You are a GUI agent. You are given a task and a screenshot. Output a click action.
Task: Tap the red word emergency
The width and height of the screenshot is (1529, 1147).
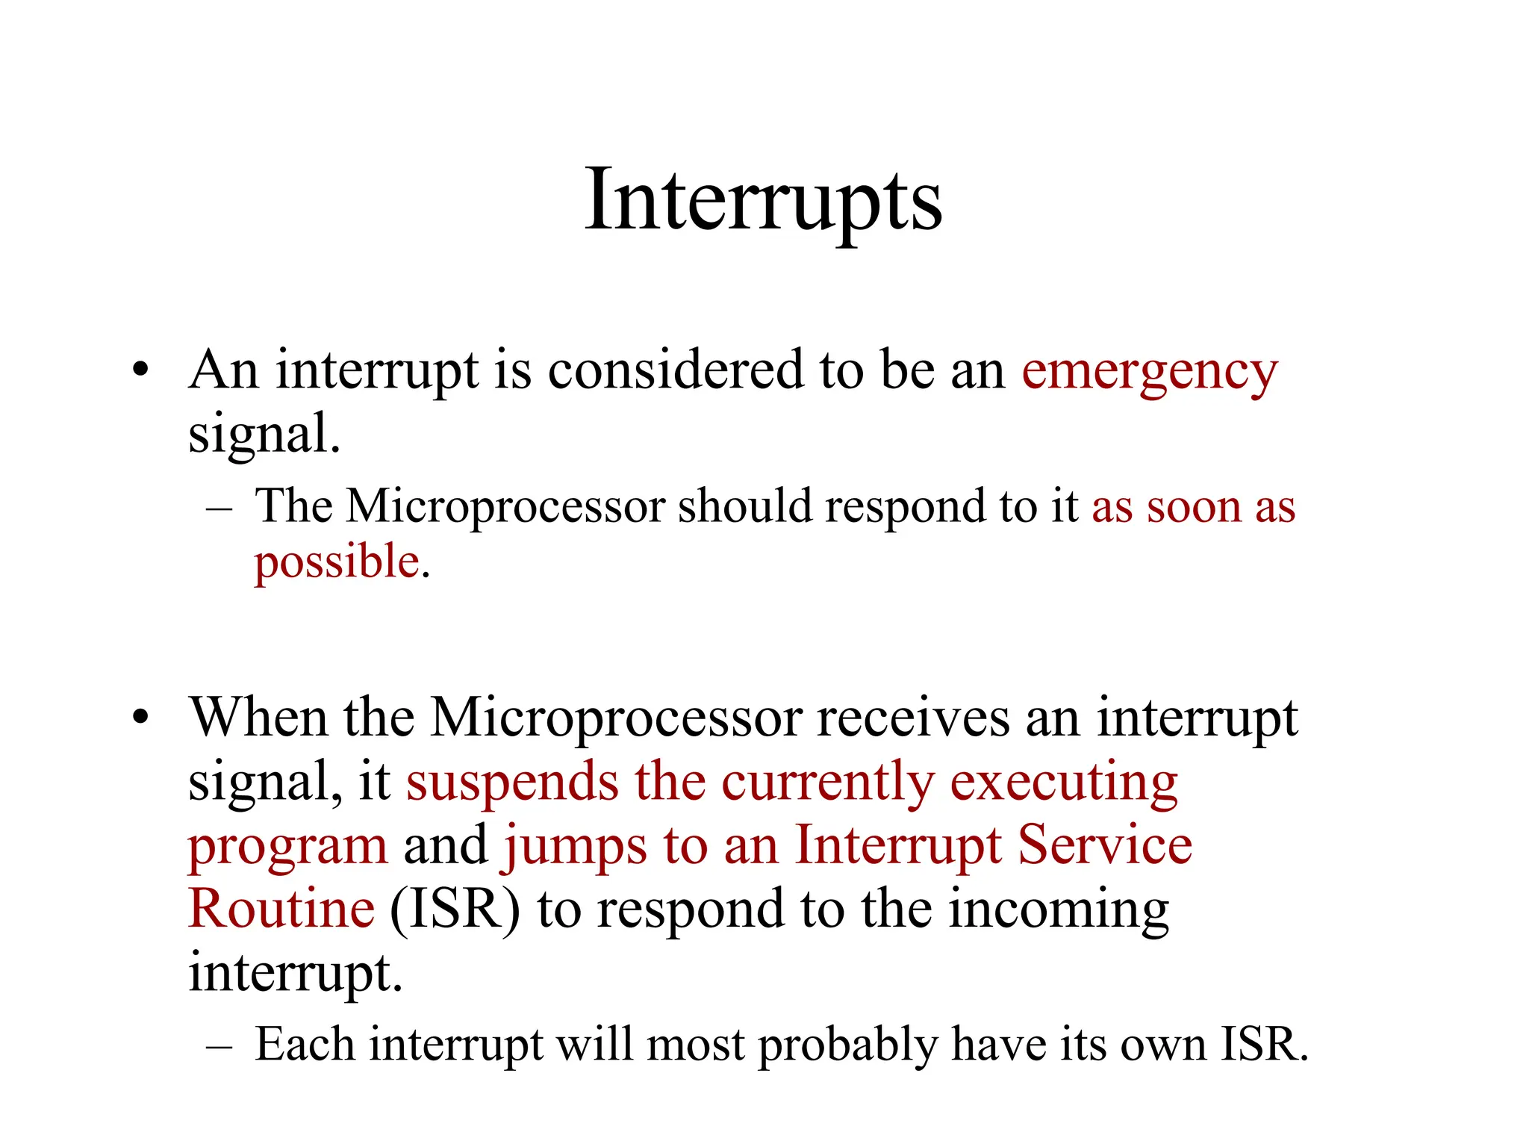coord(1149,371)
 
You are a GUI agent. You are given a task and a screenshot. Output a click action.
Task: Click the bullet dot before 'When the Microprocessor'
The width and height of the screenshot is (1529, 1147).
coord(140,717)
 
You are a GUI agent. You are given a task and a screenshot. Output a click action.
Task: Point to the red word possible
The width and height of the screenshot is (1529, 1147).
coord(337,562)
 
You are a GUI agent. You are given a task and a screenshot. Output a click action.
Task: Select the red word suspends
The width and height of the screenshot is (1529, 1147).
coord(512,783)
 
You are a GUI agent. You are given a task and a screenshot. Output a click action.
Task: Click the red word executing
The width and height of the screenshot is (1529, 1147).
coord(1063,783)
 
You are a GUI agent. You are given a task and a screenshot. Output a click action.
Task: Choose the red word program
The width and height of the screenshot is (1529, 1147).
coord(287,847)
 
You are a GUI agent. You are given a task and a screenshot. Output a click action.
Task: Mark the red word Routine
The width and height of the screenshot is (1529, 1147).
coord(281,909)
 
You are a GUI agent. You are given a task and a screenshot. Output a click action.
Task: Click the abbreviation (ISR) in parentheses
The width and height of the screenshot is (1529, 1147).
coord(455,910)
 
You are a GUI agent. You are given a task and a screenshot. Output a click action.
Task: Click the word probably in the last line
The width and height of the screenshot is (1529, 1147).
coord(847,1045)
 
